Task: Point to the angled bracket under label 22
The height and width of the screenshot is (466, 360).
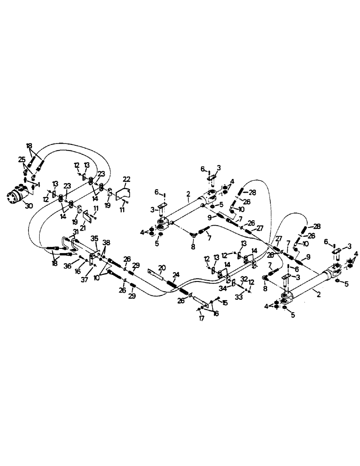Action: pos(122,193)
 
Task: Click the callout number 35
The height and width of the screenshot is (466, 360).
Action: pos(95,239)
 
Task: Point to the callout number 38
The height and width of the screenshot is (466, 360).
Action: pos(107,243)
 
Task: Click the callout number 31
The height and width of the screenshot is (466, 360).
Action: pos(76,233)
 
